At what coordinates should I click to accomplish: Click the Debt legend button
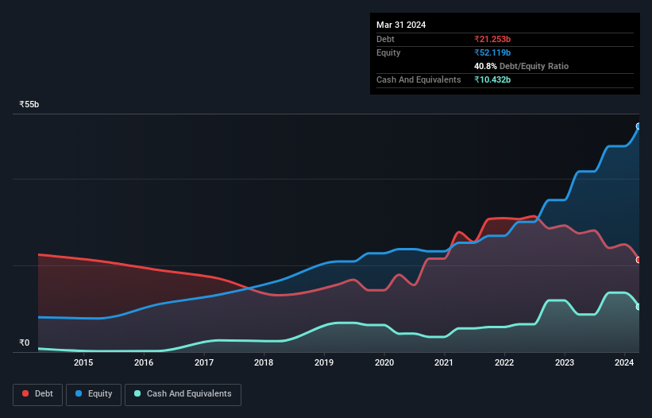[x=39, y=394]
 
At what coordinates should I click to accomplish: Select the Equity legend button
[x=93, y=394]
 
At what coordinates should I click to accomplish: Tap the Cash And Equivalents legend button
[x=183, y=394]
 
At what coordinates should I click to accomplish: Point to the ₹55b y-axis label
[x=29, y=105]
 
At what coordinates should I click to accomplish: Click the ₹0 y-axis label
[x=24, y=343]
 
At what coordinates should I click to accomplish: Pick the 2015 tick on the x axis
[x=83, y=363]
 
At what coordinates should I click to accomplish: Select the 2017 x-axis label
[x=203, y=363]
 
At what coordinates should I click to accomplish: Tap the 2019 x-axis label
[x=324, y=363]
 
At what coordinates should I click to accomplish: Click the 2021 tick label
[x=444, y=363]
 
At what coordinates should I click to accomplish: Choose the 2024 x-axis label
[x=624, y=363]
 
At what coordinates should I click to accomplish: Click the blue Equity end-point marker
[x=638, y=126]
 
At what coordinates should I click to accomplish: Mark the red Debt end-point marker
[x=638, y=260]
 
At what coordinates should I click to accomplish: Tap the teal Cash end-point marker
[x=638, y=307]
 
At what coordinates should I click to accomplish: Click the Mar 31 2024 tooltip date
[x=401, y=25]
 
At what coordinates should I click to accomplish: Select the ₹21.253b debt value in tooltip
[x=493, y=39]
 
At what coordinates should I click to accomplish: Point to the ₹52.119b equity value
[x=493, y=52]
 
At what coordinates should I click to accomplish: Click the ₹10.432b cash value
[x=493, y=79]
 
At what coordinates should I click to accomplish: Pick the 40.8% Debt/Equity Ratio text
[x=521, y=66]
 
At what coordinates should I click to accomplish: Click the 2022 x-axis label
[x=504, y=363]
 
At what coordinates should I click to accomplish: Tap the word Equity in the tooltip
[x=388, y=52]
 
